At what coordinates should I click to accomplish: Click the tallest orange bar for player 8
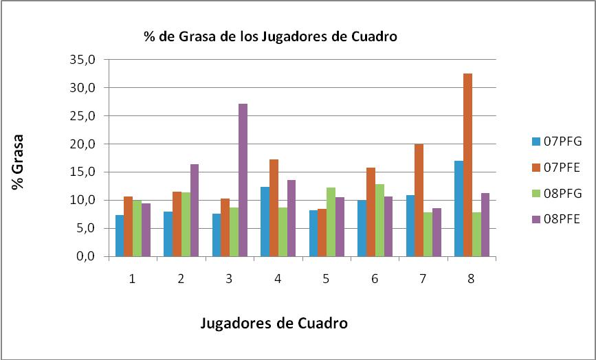point(467,165)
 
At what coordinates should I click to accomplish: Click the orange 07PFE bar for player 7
point(419,200)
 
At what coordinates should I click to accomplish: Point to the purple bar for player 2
point(195,210)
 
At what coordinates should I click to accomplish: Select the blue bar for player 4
point(264,222)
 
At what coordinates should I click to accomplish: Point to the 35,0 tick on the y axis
point(86,60)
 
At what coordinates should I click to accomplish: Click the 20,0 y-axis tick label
point(86,144)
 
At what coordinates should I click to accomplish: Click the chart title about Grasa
point(270,36)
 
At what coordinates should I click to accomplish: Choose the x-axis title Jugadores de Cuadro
point(274,322)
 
